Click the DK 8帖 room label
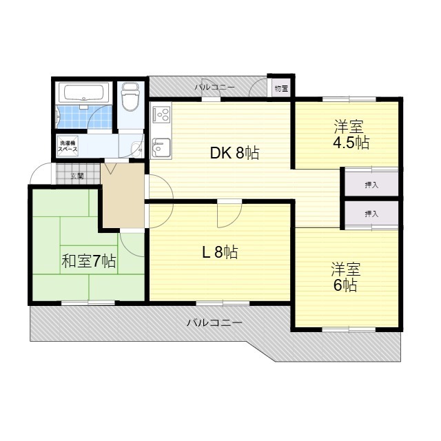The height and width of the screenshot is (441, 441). click(x=234, y=153)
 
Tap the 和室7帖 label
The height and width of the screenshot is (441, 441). click(x=89, y=262)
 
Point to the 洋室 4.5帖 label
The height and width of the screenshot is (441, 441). click(x=351, y=134)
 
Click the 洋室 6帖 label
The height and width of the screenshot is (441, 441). click(x=345, y=276)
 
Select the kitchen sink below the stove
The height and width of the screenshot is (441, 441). click(x=161, y=147)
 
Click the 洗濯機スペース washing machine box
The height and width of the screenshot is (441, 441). click(x=68, y=146)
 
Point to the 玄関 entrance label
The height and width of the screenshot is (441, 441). click(x=76, y=176)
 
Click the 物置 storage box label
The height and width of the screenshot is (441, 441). click(x=280, y=88)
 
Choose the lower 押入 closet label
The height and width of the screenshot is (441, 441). click(x=371, y=214)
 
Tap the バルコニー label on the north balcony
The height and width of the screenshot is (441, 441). click(x=214, y=88)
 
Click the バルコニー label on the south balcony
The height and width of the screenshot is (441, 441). click(x=214, y=322)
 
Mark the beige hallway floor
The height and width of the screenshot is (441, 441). click(x=123, y=200)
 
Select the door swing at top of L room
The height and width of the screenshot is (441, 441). click(x=227, y=215)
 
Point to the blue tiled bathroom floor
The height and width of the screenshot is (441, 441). click(x=76, y=115)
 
